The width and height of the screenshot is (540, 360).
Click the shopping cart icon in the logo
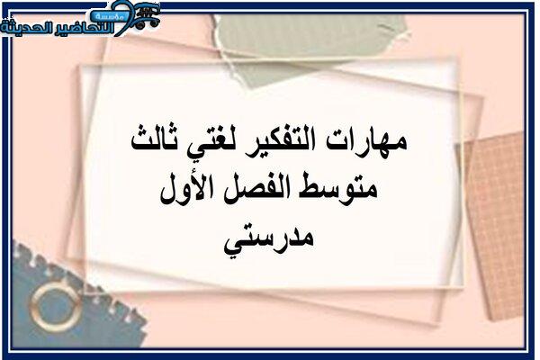[145, 16]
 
